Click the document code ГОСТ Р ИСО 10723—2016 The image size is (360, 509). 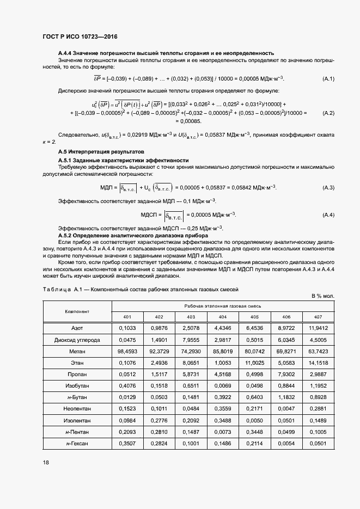[x=80, y=35]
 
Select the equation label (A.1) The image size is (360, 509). [x=328, y=79]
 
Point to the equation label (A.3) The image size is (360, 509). [x=328, y=188]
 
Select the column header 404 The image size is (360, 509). [x=223, y=317]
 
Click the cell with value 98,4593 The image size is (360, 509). [x=127, y=352]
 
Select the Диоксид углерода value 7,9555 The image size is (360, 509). [x=191, y=340]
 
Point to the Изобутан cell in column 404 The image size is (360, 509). [x=223, y=386]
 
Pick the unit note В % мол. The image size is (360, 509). [x=323, y=296]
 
